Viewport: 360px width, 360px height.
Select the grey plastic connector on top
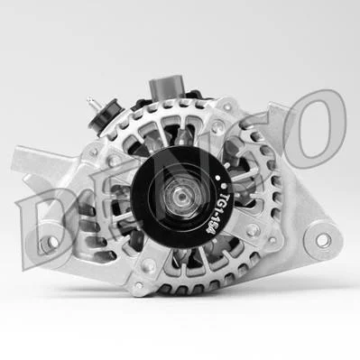tap(165, 87)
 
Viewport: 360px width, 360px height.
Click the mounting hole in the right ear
tap(323, 240)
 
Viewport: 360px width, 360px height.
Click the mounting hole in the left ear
tap(51, 242)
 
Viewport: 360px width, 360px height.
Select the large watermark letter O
tap(315, 129)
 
